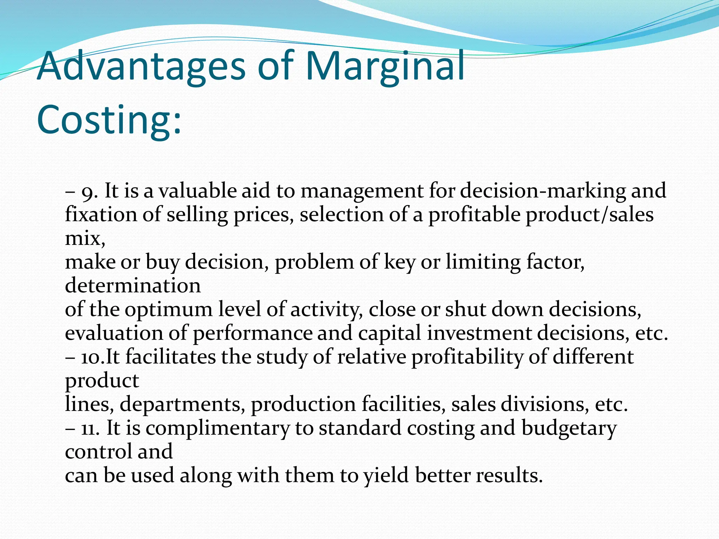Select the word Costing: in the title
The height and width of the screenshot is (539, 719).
click(x=109, y=119)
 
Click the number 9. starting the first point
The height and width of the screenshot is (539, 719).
click(x=90, y=191)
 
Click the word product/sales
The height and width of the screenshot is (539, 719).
click(x=589, y=215)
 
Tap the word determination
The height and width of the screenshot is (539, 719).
click(x=133, y=286)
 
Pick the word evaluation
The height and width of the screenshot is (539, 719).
click(x=114, y=333)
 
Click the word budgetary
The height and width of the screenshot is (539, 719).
click(x=569, y=428)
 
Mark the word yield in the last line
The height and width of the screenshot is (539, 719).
click(x=386, y=476)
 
